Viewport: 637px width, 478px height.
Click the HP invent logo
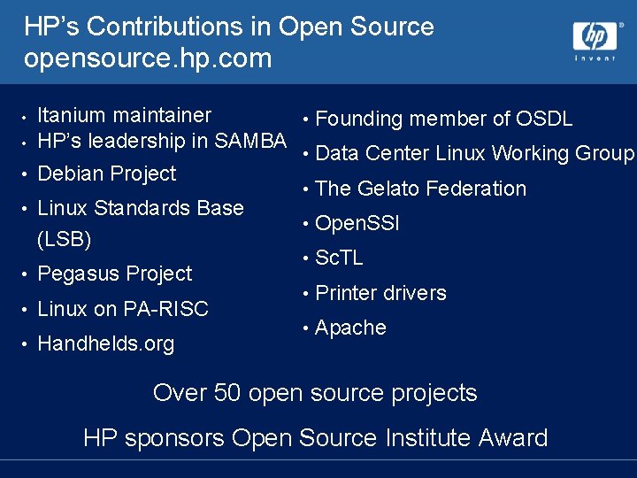[595, 40]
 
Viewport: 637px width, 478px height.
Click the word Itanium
[73, 115]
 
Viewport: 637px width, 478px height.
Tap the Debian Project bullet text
[107, 173]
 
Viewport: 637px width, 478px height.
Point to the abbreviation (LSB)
[65, 240]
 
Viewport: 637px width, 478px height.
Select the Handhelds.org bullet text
[106, 343]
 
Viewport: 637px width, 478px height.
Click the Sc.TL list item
[340, 258]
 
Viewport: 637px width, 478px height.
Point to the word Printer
[346, 293]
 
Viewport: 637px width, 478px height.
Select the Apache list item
[350, 328]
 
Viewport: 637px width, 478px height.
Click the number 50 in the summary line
[227, 393]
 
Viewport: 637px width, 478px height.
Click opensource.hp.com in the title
[148, 59]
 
